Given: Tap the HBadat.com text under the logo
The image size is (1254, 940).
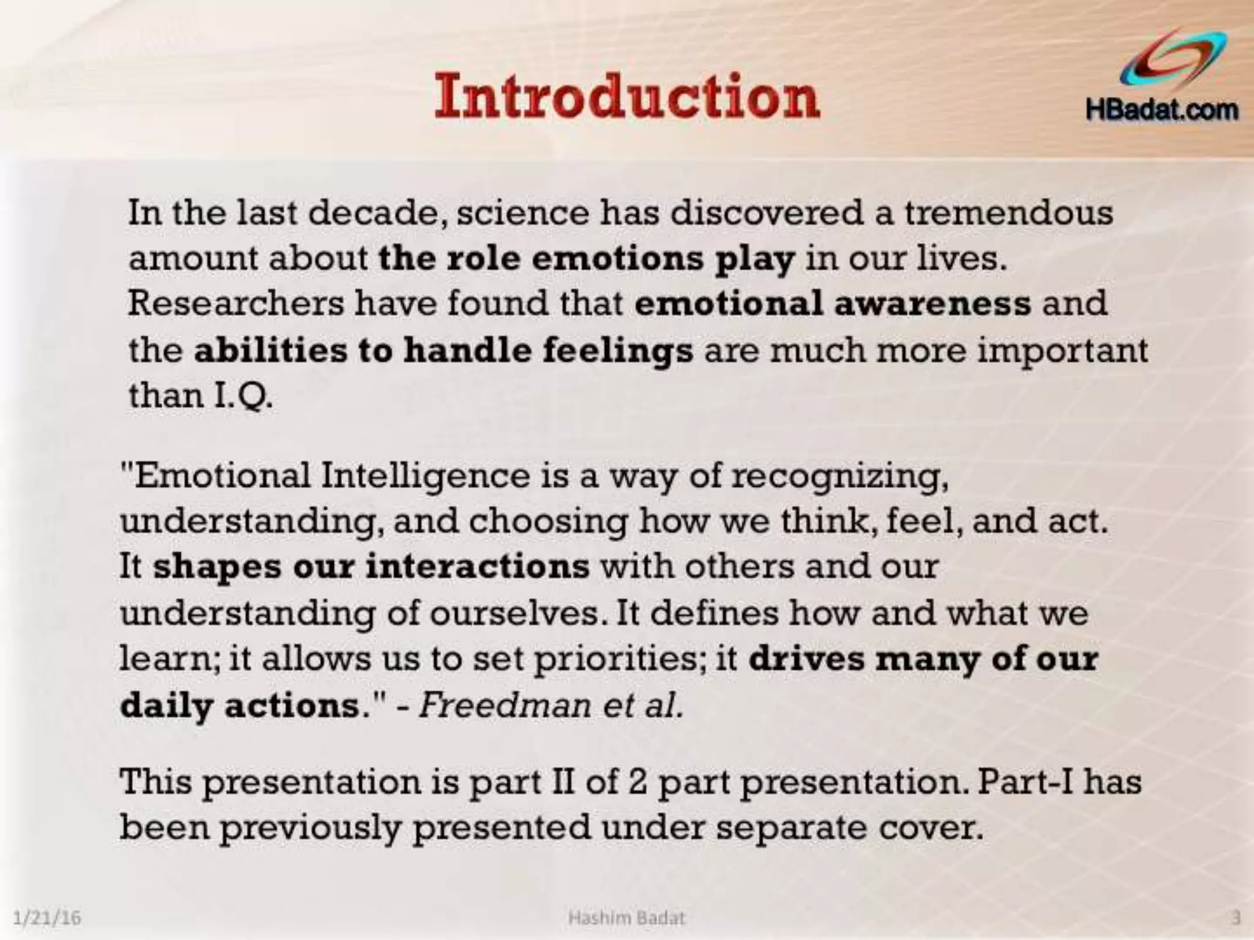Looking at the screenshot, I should (1162, 111).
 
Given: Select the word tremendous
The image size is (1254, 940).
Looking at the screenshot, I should (1008, 213).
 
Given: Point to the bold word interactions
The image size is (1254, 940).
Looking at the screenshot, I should (478, 567).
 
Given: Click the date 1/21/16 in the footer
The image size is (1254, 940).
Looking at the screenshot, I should (47, 918).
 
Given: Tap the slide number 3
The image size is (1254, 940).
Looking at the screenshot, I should (1236, 918).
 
